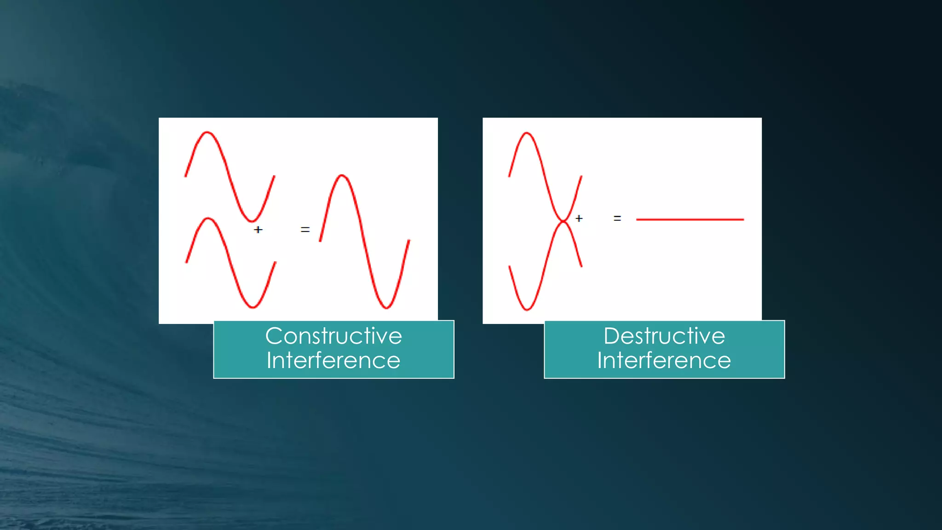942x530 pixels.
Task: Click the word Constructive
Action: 333,336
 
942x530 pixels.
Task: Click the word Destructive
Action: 664,336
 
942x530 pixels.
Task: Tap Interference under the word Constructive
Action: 333,360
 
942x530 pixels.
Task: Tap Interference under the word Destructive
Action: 664,360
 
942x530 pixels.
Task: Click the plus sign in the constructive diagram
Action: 258,229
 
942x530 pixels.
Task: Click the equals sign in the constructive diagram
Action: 305,229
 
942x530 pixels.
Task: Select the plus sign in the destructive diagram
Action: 579,219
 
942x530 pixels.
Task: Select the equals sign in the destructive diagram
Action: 617,219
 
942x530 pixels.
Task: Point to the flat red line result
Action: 689,219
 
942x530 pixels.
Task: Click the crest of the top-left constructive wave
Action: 207,133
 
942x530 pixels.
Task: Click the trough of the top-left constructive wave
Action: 252,221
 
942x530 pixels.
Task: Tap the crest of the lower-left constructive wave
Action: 208,219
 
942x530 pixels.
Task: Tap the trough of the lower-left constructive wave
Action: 253,307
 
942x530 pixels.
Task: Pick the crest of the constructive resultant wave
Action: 342,176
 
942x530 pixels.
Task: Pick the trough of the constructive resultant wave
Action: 386,307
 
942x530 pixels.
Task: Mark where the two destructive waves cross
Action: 563,221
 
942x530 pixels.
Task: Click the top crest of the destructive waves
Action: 527,134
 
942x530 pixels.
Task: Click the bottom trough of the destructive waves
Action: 527,309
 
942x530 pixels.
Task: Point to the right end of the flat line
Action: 743,219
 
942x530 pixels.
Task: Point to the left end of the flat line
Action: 638,219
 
